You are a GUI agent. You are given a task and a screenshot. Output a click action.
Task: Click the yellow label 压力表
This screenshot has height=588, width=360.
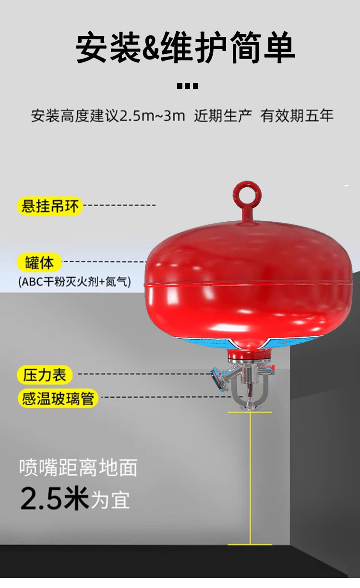click(x=45, y=374)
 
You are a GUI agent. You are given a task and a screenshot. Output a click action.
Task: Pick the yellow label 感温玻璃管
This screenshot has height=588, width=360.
click(x=58, y=398)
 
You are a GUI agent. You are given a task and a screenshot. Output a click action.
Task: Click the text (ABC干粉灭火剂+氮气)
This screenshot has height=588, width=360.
click(x=74, y=282)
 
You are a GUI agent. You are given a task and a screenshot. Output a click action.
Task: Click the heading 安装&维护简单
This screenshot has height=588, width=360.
click(x=185, y=48)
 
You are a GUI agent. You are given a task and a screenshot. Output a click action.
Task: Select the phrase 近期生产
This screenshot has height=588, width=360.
click(x=223, y=116)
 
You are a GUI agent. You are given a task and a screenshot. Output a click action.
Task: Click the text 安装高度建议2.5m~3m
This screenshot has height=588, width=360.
click(x=108, y=116)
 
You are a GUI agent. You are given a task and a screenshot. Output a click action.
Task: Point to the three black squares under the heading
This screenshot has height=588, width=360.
click(x=187, y=86)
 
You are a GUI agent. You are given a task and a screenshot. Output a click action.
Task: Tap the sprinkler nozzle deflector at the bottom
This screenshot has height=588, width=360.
click(x=250, y=408)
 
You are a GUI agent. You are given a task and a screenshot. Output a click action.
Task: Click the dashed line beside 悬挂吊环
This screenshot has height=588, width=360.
click(x=120, y=205)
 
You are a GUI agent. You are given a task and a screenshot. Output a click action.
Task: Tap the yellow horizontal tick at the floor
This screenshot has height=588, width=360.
click(x=250, y=544)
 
